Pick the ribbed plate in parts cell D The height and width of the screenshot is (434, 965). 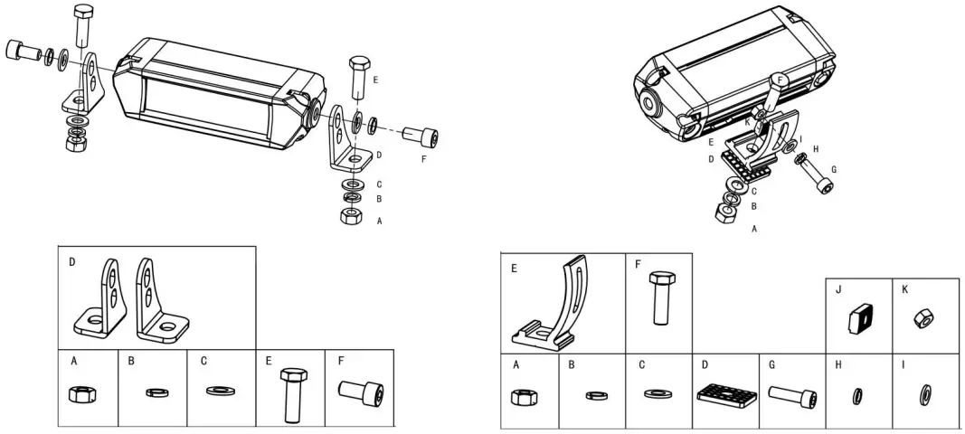pos(725,395)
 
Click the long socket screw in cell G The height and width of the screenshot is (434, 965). pos(793,395)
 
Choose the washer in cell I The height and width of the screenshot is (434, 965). pos(925,393)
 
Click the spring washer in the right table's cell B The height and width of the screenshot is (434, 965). pos(594,394)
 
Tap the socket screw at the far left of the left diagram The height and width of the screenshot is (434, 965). pos(20,50)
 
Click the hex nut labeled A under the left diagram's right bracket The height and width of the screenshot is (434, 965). pos(350,216)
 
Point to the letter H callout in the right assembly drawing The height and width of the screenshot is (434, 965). pos(816,148)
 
